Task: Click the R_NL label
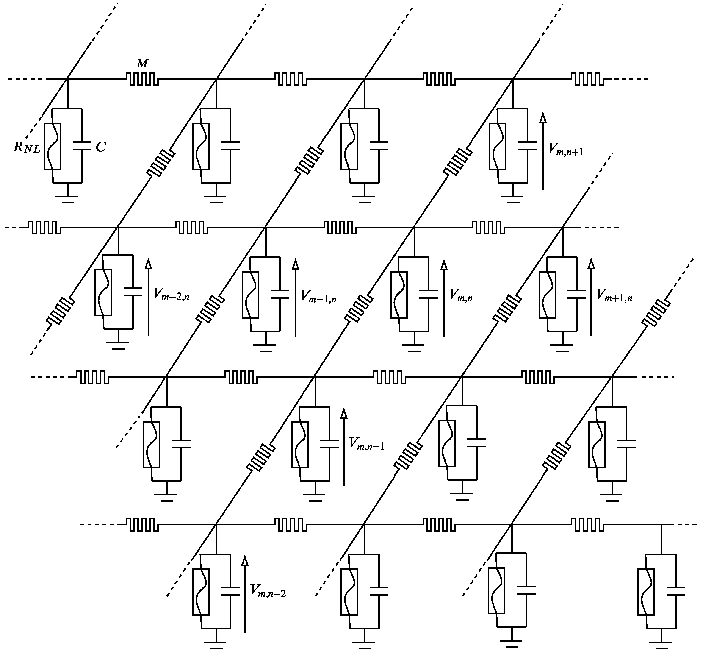(27, 147)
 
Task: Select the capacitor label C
(101, 147)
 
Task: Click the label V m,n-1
(366, 443)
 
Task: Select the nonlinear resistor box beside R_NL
(53, 146)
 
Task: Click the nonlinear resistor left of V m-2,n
(103, 292)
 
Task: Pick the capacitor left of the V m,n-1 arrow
(329, 444)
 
